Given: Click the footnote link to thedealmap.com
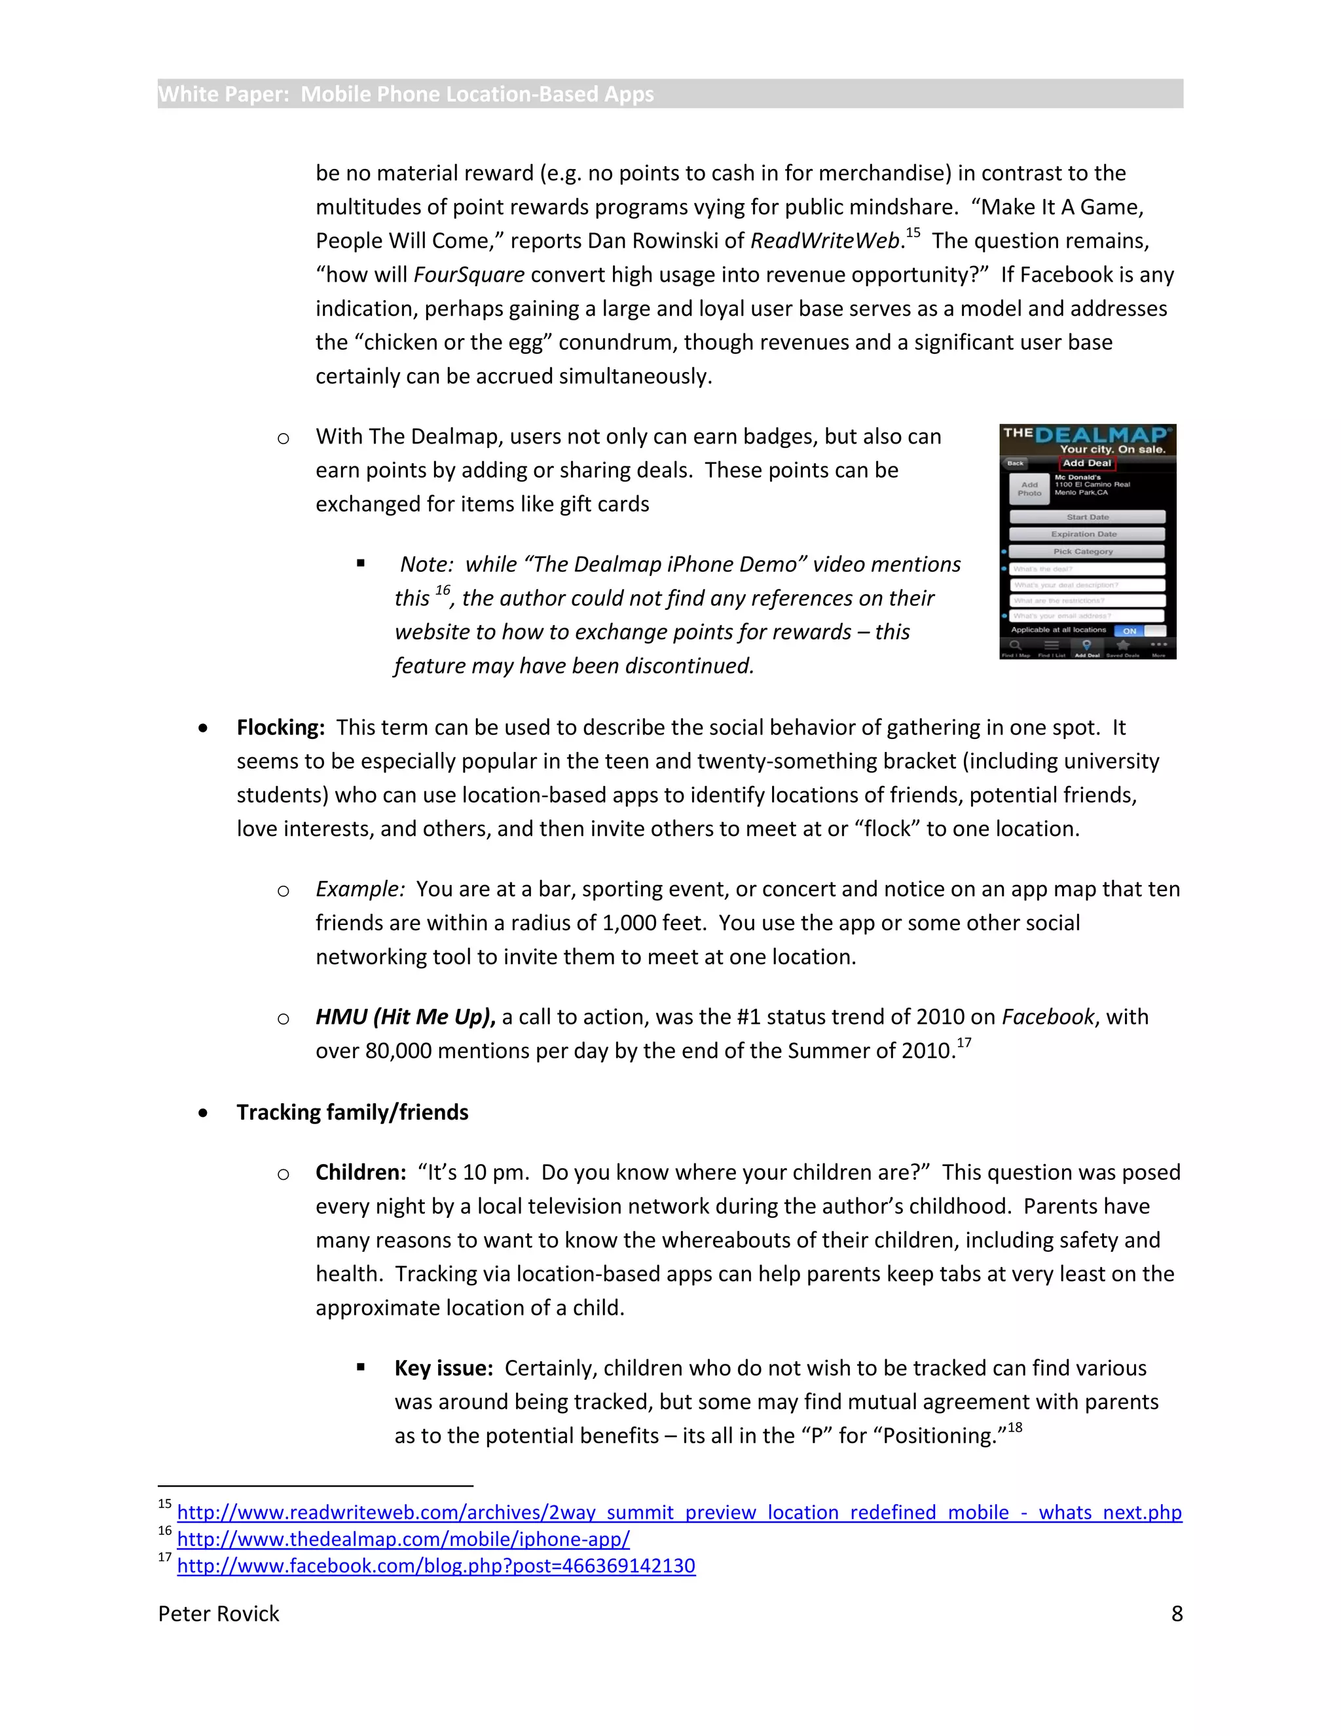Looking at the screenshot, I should coord(403,1539).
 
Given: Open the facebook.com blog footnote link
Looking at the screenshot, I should coord(435,1565).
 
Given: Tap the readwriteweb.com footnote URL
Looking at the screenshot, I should coord(678,1512).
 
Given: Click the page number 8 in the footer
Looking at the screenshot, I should coord(1177,1613).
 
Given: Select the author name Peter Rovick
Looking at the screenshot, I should coord(219,1613).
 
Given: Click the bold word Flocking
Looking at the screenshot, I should coord(280,727).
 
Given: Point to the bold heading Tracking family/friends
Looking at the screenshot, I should coord(352,1112).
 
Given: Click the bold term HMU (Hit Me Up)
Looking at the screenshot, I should coord(405,1017).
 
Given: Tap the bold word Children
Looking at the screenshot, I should coord(361,1173).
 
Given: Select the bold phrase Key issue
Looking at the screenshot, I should coord(443,1368).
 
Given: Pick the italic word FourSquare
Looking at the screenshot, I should coord(469,275).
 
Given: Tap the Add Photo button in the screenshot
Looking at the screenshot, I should coord(1029,489).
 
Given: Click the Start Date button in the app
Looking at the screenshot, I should coord(1087,517).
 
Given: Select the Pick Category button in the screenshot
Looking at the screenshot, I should coord(1085,551).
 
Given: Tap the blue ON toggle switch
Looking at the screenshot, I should coord(1130,630).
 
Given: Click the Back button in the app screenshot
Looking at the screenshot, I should coord(1016,462).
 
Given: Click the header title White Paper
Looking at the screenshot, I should coord(405,94).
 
